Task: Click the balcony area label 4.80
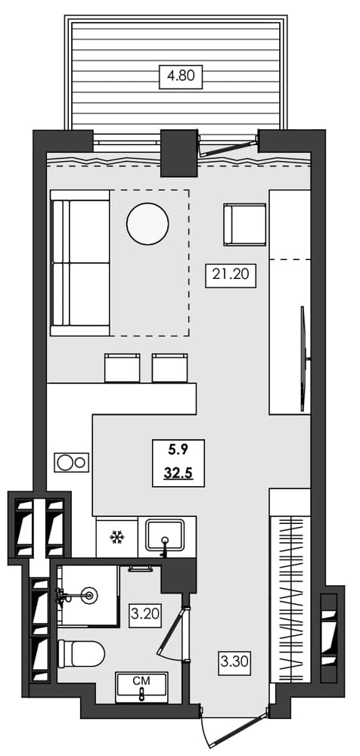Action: [181, 76]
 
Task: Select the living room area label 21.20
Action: [231, 275]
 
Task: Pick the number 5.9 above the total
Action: [178, 452]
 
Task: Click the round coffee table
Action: [147, 224]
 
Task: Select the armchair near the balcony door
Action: [244, 225]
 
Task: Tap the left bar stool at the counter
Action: [123, 367]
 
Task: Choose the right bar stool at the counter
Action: [169, 367]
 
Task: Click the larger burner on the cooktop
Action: [66, 461]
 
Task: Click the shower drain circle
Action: [91, 595]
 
